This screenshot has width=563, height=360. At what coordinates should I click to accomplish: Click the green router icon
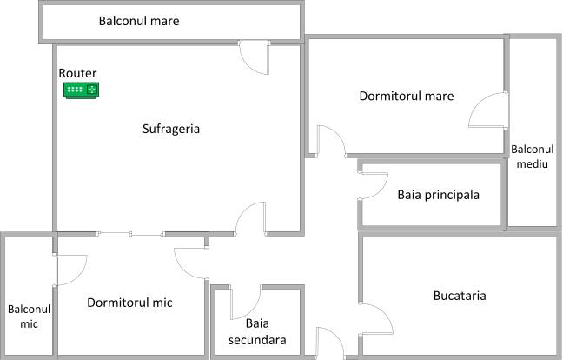pyautogui.click(x=82, y=89)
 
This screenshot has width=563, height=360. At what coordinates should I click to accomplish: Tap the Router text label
pyautogui.click(x=78, y=73)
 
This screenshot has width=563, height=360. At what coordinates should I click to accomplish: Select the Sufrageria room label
pyautogui.click(x=171, y=129)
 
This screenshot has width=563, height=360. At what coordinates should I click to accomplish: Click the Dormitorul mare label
pyautogui.click(x=407, y=95)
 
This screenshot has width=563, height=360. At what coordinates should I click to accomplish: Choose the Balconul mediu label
pyautogui.click(x=533, y=156)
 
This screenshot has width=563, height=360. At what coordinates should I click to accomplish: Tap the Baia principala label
pyautogui.click(x=439, y=194)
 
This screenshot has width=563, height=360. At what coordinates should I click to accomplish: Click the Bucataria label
pyautogui.click(x=459, y=296)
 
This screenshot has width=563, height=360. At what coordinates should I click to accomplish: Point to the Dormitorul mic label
pyautogui.click(x=129, y=303)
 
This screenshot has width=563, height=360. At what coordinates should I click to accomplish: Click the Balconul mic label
pyautogui.click(x=30, y=317)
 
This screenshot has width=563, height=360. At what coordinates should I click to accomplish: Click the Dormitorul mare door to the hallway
pyautogui.click(x=331, y=141)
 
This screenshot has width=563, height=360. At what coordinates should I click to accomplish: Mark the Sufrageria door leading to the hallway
pyautogui.click(x=251, y=218)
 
